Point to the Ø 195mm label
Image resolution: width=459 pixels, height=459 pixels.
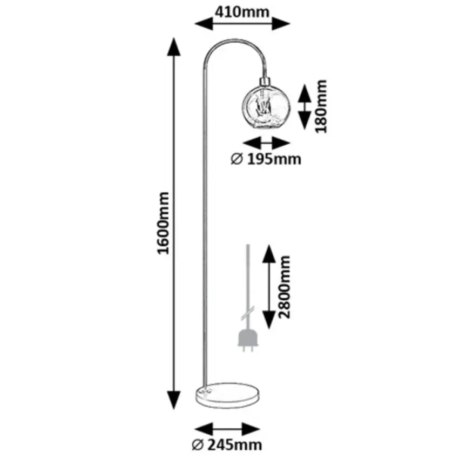[x=266, y=159]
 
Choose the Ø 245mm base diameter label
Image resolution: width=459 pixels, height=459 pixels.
[x=227, y=445]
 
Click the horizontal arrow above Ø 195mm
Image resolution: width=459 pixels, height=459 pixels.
[x=266, y=143]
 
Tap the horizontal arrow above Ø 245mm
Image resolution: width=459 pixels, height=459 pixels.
[x=227, y=430]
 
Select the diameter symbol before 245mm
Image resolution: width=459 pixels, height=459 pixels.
[x=198, y=445]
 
